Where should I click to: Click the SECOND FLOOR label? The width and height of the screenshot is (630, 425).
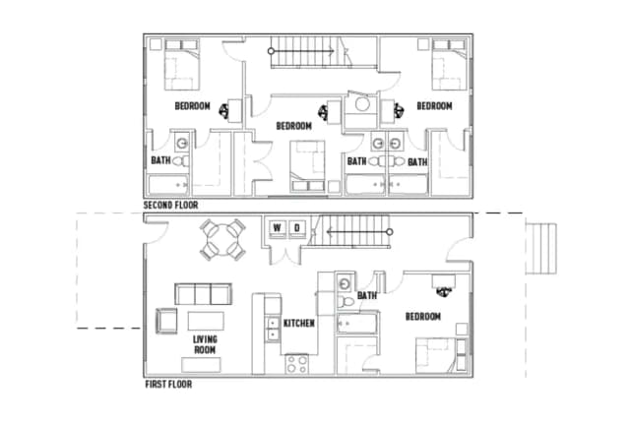click(170, 206)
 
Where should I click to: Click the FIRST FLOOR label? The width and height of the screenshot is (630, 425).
click(168, 385)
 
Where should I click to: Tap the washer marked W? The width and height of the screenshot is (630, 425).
click(278, 228)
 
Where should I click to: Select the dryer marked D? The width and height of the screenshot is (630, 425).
click(297, 228)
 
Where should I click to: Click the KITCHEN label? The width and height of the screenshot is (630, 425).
click(299, 324)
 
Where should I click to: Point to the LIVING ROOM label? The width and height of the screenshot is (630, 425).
click(205, 344)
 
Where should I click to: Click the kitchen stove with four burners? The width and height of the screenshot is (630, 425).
click(297, 364)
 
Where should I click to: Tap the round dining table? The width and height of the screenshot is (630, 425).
click(223, 240)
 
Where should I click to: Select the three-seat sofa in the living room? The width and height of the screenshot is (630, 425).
click(203, 294)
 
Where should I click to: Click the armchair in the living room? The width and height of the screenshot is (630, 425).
click(166, 321)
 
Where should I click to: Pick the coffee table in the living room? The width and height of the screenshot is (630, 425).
click(206, 321)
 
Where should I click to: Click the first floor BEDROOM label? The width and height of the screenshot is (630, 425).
click(423, 317)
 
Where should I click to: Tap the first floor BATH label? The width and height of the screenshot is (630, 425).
click(367, 296)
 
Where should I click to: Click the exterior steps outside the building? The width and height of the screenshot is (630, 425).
click(540, 249)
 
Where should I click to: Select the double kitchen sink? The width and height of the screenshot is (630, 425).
click(273, 329)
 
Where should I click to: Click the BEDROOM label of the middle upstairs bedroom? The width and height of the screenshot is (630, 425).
click(293, 126)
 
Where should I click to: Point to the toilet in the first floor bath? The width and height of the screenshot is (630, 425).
click(346, 301)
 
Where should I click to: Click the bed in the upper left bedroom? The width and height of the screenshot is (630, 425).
click(181, 65)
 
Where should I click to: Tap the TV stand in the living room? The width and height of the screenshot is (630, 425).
click(201, 365)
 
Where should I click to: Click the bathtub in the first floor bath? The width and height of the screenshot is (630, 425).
click(357, 324)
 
